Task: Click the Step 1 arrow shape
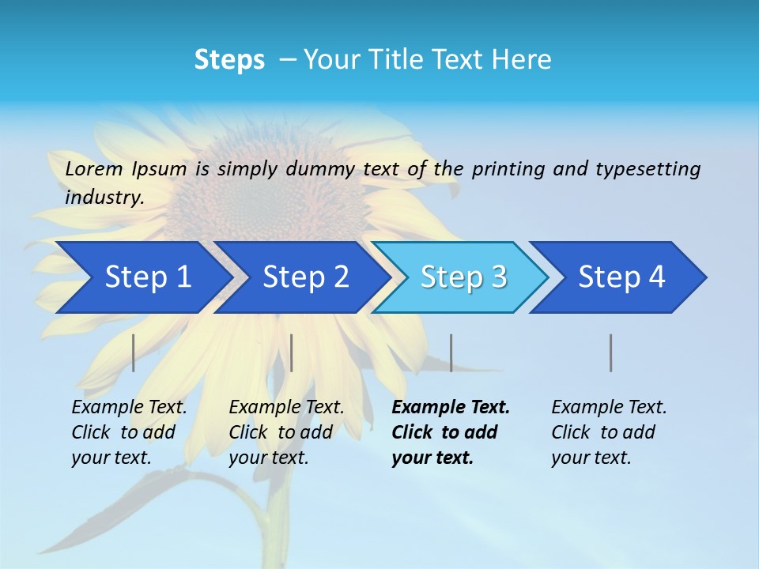pyautogui.click(x=142, y=277)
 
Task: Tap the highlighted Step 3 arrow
pyautogui.click(x=460, y=277)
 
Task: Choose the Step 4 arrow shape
pyautogui.click(x=619, y=277)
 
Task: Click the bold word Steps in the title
pyautogui.click(x=229, y=59)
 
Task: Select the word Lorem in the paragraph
pyautogui.click(x=94, y=168)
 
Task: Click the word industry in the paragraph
pyautogui.click(x=104, y=197)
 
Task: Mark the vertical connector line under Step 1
pyautogui.click(x=133, y=352)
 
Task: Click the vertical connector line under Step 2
pyautogui.click(x=292, y=352)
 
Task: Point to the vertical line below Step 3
pyautogui.click(x=451, y=352)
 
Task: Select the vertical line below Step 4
pyautogui.click(x=610, y=352)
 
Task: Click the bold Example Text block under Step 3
pyautogui.click(x=450, y=431)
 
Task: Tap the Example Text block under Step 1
pyautogui.click(x=129, y=431)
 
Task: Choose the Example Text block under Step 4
pyautogui.click(x=609, y=431)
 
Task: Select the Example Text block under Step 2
pyautogui.click(x=286, y=431)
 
